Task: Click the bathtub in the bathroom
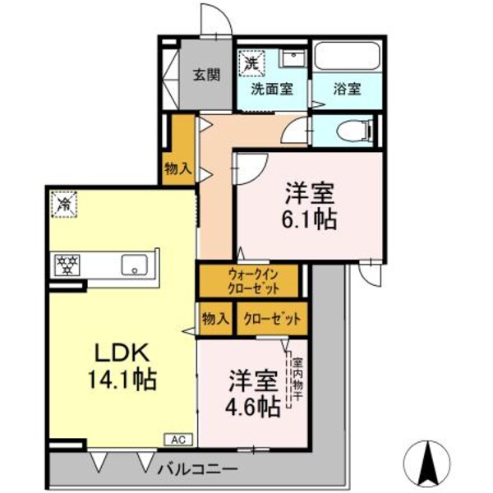345,59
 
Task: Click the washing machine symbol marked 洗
251,62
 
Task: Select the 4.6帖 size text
252,404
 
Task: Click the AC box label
178,440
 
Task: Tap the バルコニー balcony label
197,468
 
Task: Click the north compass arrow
428,462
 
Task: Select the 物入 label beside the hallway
178,169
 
